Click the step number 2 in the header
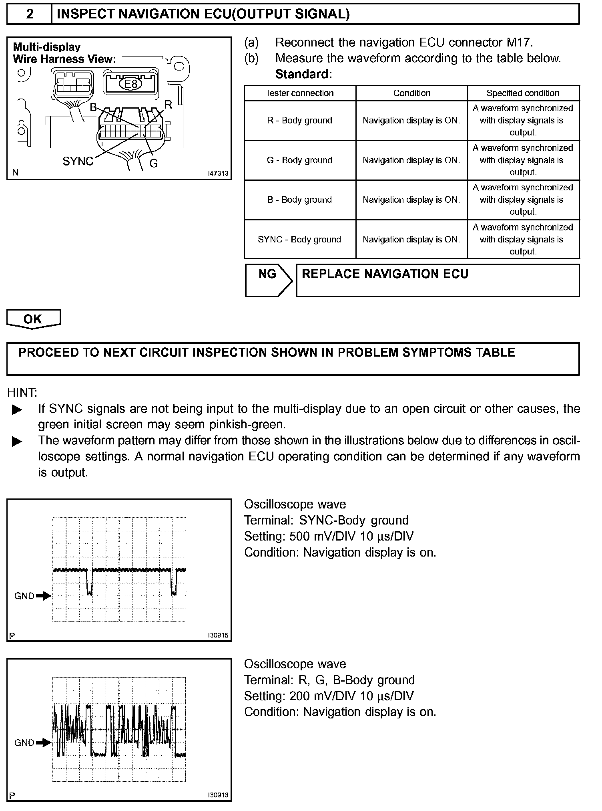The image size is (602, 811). (30, 14)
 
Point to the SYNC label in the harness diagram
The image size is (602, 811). (78, 161)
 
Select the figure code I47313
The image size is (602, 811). (218, 173)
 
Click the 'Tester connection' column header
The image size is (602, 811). (300, 93)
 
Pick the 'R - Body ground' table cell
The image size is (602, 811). (300, 121)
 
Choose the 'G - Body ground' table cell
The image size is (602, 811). (300, 160)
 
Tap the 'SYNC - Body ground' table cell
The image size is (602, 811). (300, 240)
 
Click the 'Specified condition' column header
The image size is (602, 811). (523, 93)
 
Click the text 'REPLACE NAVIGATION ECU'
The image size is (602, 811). (385, 274)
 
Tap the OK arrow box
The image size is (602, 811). (33, 319)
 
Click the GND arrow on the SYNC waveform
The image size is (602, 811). (44, 596)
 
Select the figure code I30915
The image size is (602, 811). (218, 635)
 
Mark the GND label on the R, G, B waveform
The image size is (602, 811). (24, 743)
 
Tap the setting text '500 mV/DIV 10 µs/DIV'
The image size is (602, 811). (351, 536)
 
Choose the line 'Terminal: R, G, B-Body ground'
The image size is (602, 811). (329, 680)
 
